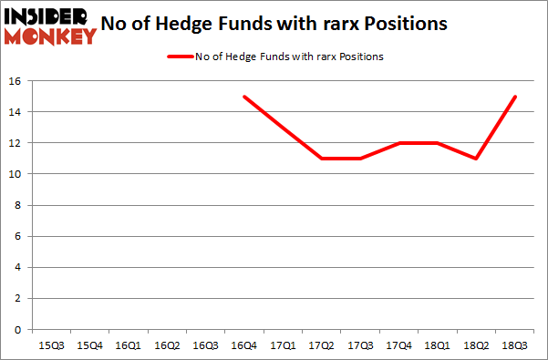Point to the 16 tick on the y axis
click(x=17, y=81)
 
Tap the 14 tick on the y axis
click(x=17, y=112)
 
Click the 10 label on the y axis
click(x=17, y=174)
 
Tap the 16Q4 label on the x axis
click(x=243, y=345)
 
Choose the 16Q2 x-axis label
click(x=166, y=345)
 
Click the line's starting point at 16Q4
click(x=243, y=97)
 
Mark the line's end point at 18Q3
click(x=516, y=97)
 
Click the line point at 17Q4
click(x=399, y=143)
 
